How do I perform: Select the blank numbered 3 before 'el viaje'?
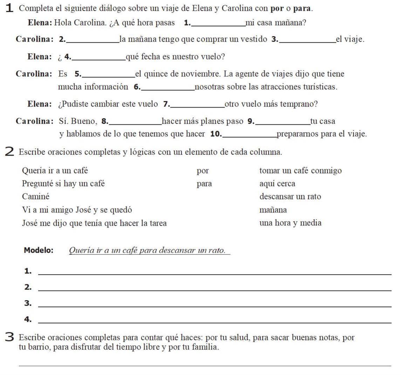point(307,39)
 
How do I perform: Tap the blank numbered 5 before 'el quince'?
point(108,74)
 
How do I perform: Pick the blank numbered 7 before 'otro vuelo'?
point(197,104)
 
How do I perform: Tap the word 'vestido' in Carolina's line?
point(254,39)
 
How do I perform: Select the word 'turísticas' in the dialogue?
point(319,87)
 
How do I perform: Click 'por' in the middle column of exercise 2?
point(203,171)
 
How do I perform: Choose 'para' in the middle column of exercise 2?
point(204,184)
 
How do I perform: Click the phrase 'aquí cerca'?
point(277,184)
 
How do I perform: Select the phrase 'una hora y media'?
point(290,223)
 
